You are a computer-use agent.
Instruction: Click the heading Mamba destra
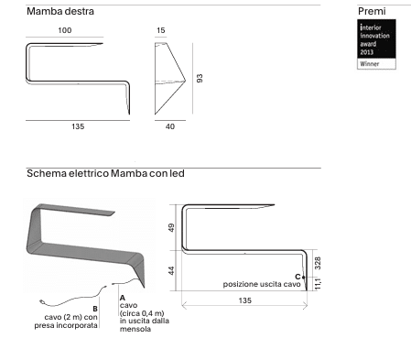60,11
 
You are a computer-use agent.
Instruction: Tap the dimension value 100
65,30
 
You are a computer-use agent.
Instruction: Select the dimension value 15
160,30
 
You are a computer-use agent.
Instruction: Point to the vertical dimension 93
200,78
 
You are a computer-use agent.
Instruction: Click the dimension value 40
170,126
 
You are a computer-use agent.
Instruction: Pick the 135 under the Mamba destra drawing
78,126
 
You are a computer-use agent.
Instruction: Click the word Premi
372,11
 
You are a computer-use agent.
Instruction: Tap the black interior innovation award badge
376,38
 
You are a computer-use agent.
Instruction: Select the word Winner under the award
370,64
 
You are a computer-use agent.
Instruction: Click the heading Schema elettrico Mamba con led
105,173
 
